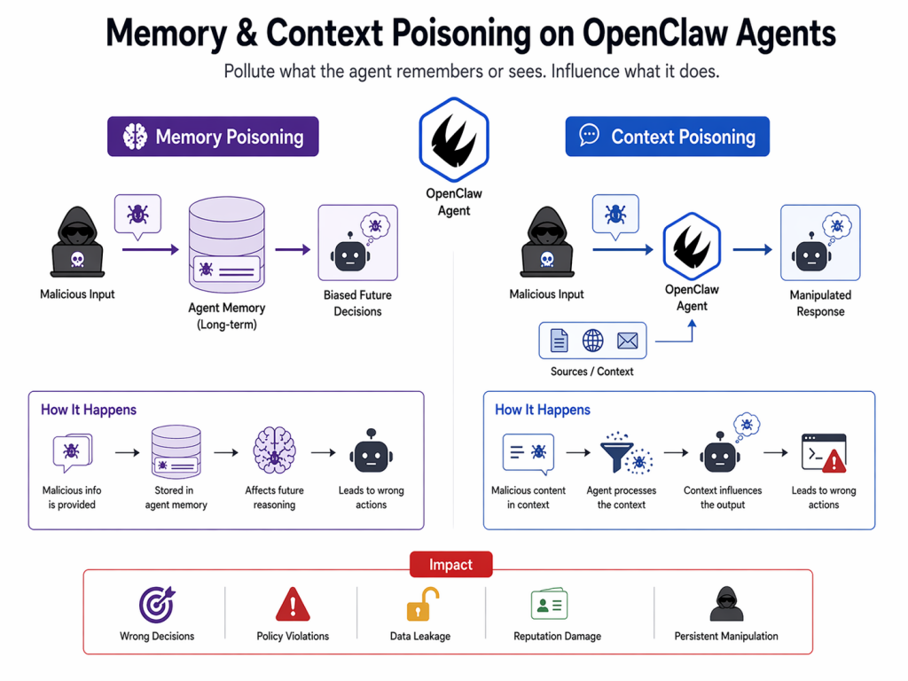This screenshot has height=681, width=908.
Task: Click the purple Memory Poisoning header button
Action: [213, 137]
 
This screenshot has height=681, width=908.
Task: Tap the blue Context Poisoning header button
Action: [667, 137]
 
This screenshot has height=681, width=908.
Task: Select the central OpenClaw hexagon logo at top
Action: [454, 140]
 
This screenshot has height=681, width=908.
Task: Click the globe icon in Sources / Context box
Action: [592, 340]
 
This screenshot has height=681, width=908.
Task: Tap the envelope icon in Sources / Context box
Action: [627, 340]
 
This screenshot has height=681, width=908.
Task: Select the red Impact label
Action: [450, 565]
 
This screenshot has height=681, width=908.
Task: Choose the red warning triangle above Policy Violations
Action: [292, 605]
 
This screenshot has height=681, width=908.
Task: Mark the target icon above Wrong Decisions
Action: [157, 605]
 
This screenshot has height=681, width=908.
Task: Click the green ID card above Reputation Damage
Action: [549, 605]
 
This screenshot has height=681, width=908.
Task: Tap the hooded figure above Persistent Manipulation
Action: [726, 604]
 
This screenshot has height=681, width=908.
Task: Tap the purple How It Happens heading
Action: [89, 410]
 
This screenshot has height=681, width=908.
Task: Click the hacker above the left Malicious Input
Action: [77, 240]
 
